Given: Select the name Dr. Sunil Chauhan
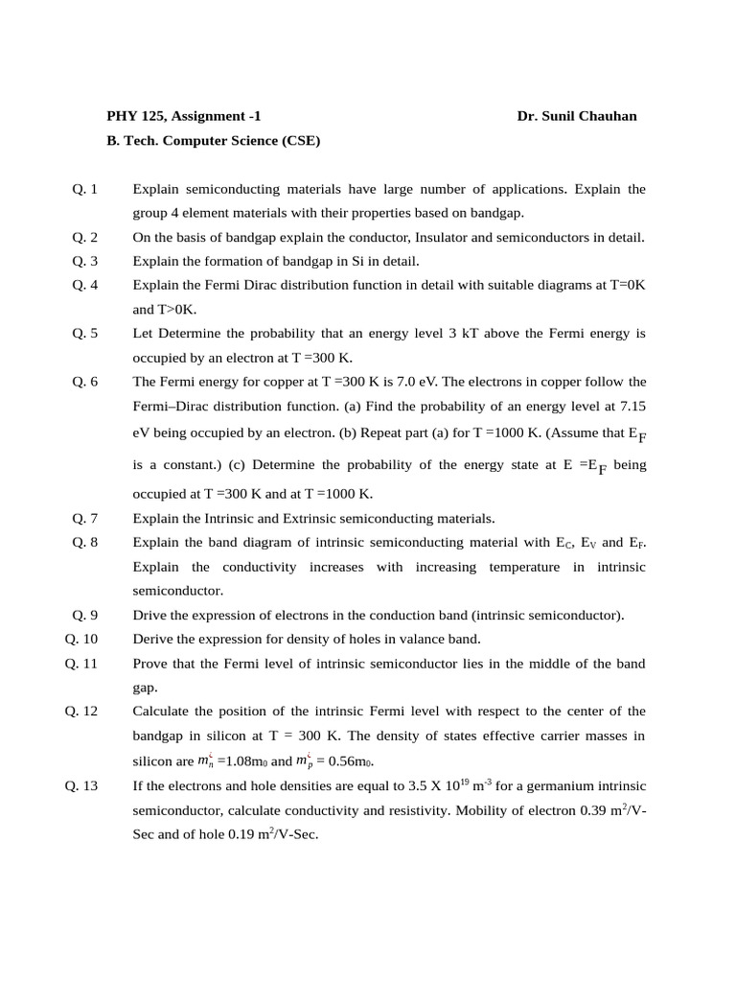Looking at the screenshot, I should (x=576, y=116).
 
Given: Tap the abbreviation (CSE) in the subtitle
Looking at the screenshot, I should (x=301, y=141).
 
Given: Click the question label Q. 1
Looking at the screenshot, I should (x=85, y=189).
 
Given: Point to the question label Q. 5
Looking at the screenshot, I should (x=85, y=333).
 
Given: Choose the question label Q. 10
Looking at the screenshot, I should (x=82, y=639).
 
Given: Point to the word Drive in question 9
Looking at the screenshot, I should (x=150, y=615).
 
